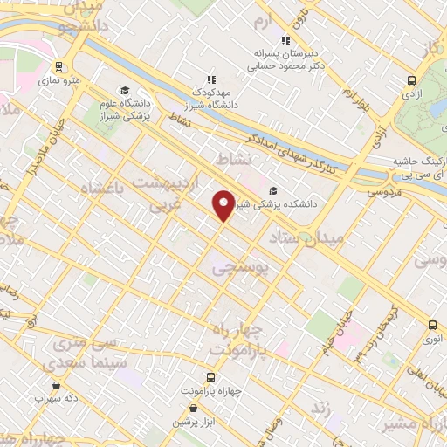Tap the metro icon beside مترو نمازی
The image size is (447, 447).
click(58, 65)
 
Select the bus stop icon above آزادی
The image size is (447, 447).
click(410, 79)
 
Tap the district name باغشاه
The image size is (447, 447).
click(104, 188)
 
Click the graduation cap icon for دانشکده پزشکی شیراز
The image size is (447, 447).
click(273, 190)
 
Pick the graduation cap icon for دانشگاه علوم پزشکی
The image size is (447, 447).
click(125, 90)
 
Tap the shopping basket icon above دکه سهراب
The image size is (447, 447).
click(57, 384)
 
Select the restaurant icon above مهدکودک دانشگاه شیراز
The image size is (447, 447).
click(210, 79)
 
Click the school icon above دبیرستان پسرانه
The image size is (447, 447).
click(285, 39)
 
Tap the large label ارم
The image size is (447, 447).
click(264, 19)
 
